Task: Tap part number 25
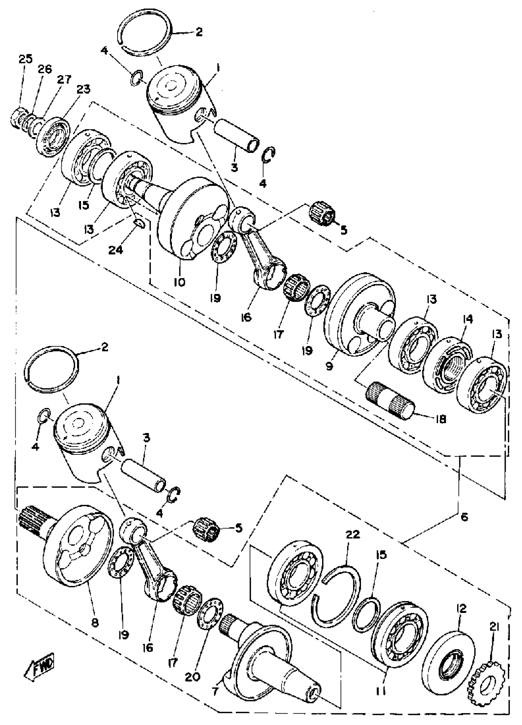[25, 59]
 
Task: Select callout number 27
[64, 80]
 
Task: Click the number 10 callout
[180, 282]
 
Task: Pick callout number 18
[441, 419]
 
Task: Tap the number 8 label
[95, 622]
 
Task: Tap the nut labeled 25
[17, 118]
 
